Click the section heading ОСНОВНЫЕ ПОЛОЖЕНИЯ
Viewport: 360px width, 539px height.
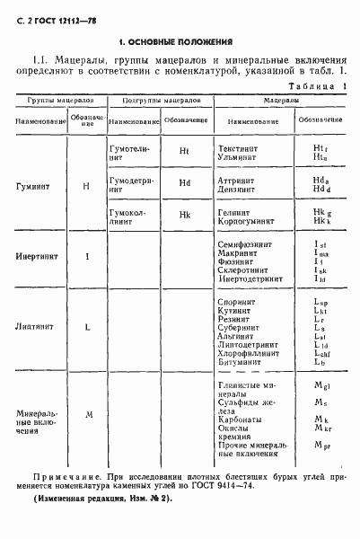point(178,42)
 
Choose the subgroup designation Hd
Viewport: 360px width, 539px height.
point(185,182)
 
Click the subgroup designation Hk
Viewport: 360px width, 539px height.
point(185,215)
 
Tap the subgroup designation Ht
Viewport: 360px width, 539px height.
point(185,150)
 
